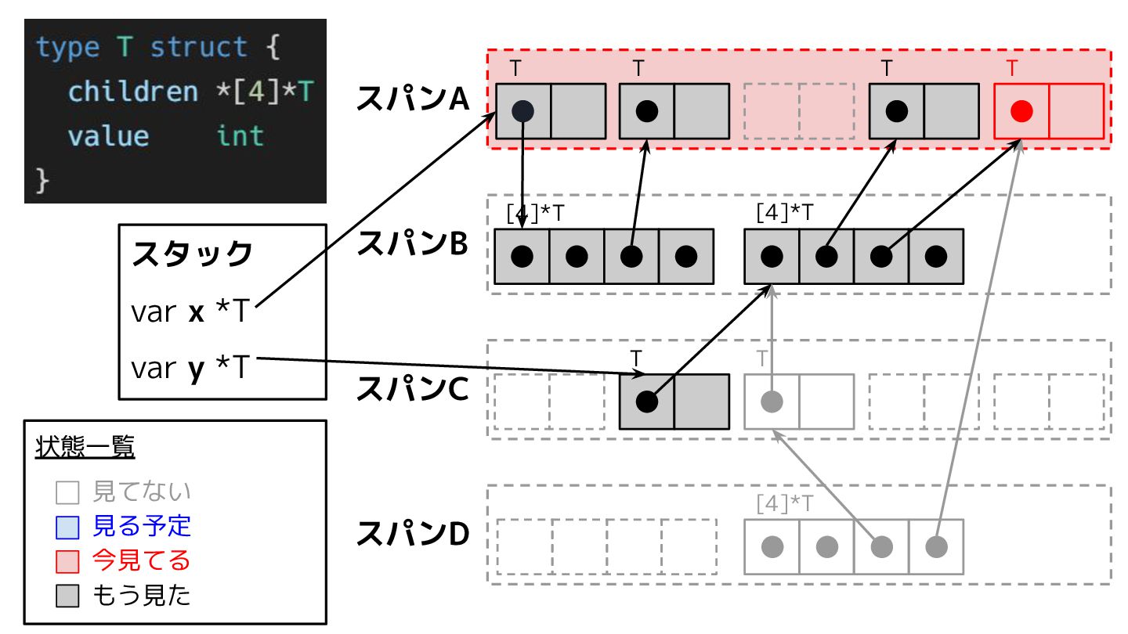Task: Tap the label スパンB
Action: pyautogui.click(x=412, y=244)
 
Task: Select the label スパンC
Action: pyautogui.click(x=412, y=389)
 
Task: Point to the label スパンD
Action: pyautogui.click(x=412, y=534)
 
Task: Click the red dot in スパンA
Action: pyautogui.click(x=1021, y=110)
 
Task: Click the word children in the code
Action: pyautogui.click(x=133, y=92)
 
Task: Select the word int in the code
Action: pyautogui.click(x=240, y=136)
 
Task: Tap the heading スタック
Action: pyautogui.click(x=192, y=254)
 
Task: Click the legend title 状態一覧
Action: pyautogui.click(x=85, y=448)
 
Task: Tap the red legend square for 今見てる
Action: pyautogui.click(x=67, y=561)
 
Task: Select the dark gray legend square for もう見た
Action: pyautogui.click(x=67, y=596)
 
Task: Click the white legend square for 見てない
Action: pyautogui.click(x=67, y=492)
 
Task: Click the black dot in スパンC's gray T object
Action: pyautogui.click(x=646, y=402)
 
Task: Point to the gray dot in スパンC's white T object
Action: pyautogui.click(x=772, y=402)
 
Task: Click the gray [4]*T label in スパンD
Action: pyautogui.click(x=784, y=503)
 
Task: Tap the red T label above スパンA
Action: pyautogui.click(x=1013, y=68)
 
